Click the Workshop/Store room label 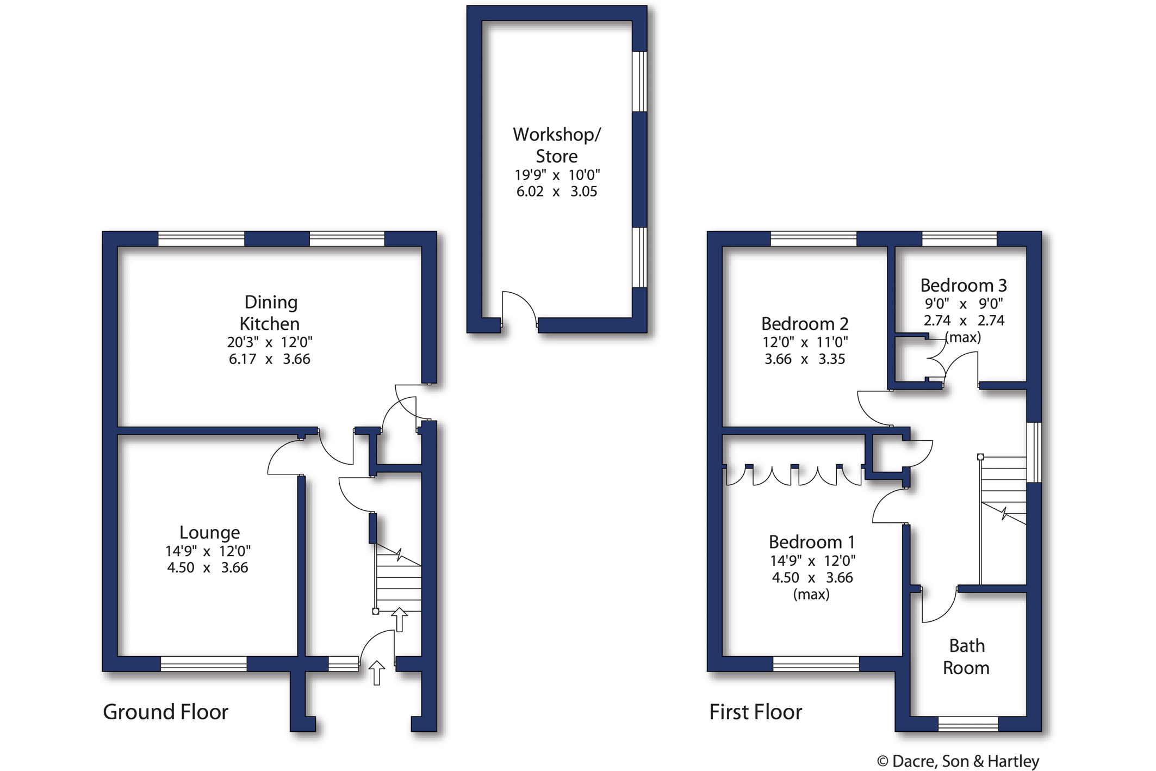[x=557, y=145]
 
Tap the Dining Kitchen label [x=270, y=313]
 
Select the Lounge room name [x=209, y=533]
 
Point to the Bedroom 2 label [x=805, y=324]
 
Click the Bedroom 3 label [x=964, y=285]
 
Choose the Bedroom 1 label [x=812, y=542]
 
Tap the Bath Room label [x=966, y=657]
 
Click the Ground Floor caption [x=166, y=712]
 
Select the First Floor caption [x=756, y=712]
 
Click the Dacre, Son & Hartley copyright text [x=958, y=761]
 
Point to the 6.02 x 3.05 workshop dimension [x=557, y=192]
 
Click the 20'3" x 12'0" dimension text [x=270, y=342]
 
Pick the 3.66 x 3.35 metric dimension [x=805, y=359]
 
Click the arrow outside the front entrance [x=377, y=673]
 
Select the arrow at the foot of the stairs [x=400, y=620]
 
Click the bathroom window [x=968, y=724]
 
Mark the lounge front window [x=204, y=664]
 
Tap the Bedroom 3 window [x=960, y=239]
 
